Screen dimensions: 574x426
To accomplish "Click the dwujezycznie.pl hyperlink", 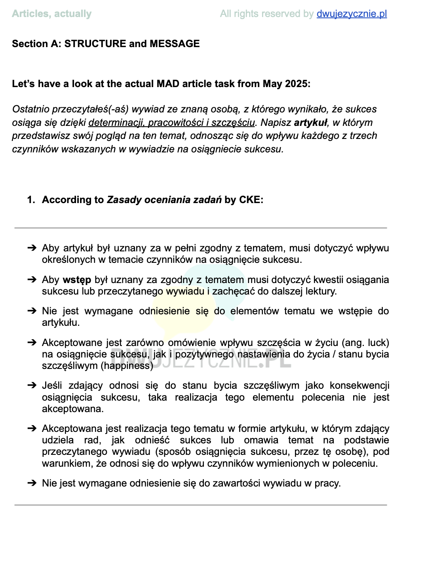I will (352, 14).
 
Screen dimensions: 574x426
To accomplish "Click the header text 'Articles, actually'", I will (52, 14).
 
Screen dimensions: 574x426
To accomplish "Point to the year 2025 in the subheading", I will (295, 84).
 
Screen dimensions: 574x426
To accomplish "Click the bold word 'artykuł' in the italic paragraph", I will (311, 123).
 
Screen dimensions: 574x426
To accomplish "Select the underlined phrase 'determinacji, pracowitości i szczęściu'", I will (171, 123).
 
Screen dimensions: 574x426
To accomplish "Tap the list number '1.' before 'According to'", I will (31, 200).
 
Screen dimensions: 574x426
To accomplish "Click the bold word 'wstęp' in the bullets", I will (77, 280).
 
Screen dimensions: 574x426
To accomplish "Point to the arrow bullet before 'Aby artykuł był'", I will (32, 248).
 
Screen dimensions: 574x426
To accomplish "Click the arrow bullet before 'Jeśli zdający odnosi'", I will (32, 386).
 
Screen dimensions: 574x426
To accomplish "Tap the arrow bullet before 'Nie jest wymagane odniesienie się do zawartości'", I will (32, 483).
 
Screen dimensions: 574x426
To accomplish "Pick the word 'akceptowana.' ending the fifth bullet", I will (73, 409).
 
